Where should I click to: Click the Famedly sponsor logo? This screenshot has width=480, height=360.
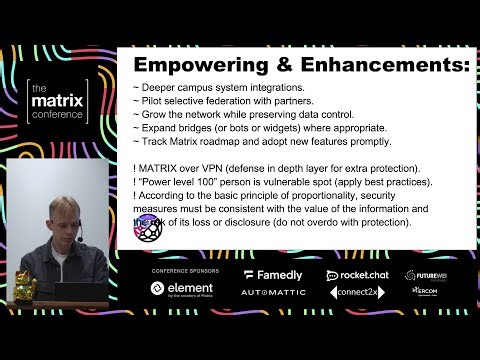(x=273, y=275)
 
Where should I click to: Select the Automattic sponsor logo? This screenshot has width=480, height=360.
(x=273, y=293)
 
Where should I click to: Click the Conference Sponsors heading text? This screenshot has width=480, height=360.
(x=180, y=271)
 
